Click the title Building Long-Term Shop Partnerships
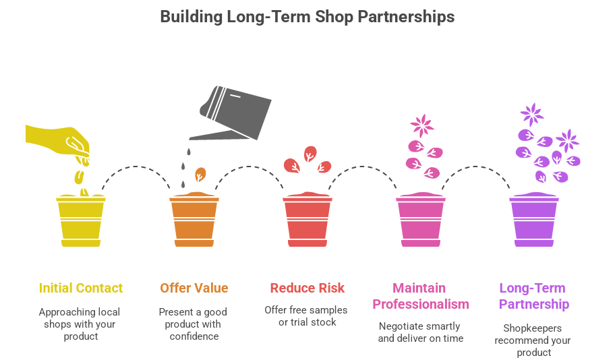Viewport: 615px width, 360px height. tap(307, 17)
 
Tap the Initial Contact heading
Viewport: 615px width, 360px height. tap(81, 289)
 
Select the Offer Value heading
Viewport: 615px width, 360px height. tap(194, 289)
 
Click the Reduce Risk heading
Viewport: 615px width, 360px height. tap(307, 289)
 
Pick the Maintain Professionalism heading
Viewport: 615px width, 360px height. tap(421, 296)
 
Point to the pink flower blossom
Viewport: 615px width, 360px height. tap(423, 126)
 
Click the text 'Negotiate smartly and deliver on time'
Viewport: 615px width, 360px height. tap(421, 332)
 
